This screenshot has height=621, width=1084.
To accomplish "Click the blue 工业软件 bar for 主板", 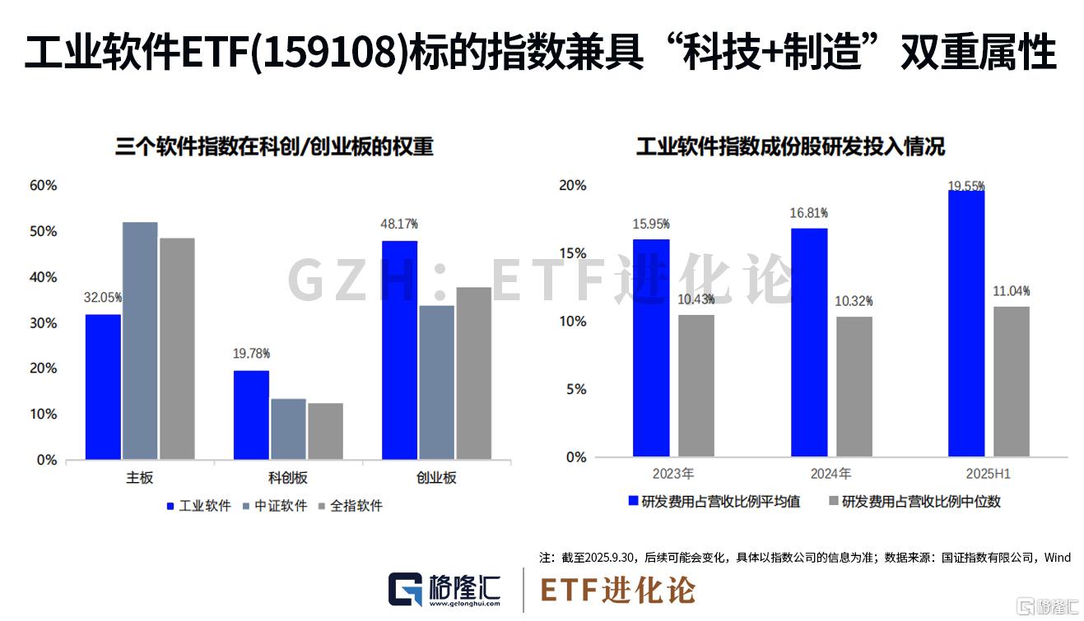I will [103, 387].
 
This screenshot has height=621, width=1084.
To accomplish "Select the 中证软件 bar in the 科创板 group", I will [288, 429].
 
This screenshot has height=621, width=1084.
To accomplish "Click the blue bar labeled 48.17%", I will [399, 350].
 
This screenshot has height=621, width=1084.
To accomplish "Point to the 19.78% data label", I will [250, 354].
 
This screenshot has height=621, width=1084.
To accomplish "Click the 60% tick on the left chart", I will [43, 186].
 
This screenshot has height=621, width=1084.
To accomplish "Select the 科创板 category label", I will [288, 478].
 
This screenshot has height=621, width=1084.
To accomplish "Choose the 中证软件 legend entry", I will [275, 506].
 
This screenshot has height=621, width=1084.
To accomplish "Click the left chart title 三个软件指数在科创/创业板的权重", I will [274, 147].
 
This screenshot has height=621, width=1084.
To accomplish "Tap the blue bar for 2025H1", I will [966, 323].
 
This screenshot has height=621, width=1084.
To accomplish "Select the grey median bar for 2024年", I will [854, 387].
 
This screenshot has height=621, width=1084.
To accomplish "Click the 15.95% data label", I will [651, 224].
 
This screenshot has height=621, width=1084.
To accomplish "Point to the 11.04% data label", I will [1012, 291].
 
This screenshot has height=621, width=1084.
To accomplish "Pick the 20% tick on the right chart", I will [572, 186].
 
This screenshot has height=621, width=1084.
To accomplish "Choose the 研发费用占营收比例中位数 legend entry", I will [914, 501].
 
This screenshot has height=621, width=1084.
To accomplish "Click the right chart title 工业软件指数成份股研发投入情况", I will [790, 147].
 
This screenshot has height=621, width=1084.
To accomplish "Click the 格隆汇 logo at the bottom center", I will [445, 590].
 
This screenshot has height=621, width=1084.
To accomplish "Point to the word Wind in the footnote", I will [1057, 558].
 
